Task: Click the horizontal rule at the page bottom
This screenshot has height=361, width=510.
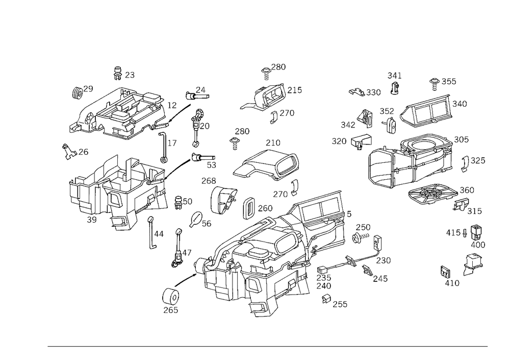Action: pos(268,346)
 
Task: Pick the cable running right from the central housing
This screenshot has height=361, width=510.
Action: pos(352,263)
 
